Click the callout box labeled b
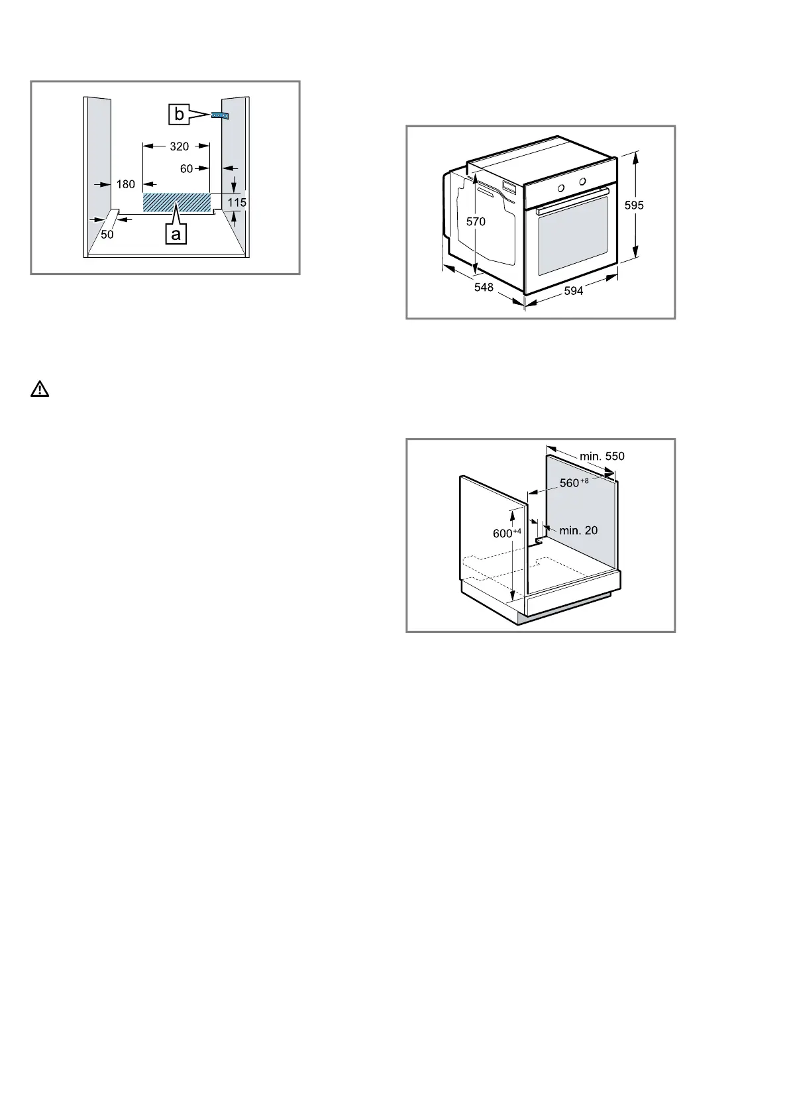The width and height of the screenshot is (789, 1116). [x=179, y=115]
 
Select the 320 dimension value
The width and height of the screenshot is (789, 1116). [x=179, y=146]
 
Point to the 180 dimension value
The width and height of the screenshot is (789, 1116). [x=126, y=184]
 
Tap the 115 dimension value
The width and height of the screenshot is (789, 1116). [x=237, y=202]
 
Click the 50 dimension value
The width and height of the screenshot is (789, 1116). [x=107, y=234]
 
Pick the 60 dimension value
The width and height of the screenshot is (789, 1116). [x=186, y=169]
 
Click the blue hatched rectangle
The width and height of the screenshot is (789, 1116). [x=177, y=203]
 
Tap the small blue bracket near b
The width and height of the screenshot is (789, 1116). [x=220, y=115]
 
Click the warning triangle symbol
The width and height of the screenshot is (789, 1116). [x=40, y=390]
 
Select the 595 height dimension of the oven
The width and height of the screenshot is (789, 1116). [x=634, y=205]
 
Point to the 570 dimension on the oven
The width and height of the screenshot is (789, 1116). [x=476, y=221]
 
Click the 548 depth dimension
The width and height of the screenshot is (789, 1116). [x=484, y=287]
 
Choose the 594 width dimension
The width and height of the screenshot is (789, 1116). [x=574, y=290]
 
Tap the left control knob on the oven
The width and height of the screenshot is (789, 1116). [x=561, y=188]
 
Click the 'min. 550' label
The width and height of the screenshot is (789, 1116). [x=602, y=456]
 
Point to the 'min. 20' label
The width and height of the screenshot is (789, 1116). [x=578, y=530]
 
